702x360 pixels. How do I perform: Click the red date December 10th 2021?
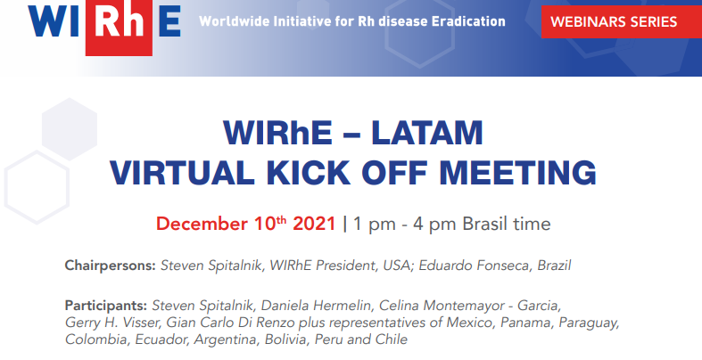pyautogui.click(x=246, y=223)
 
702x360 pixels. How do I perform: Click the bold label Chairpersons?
pyautogui.click(x=111, y=266)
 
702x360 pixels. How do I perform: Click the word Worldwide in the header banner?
pyautogui.click(x=233, y=20)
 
